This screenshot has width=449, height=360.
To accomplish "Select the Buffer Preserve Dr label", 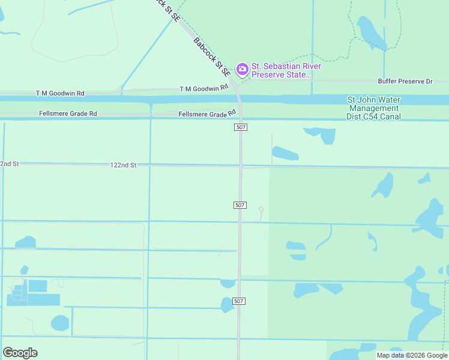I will (x=405, y=81).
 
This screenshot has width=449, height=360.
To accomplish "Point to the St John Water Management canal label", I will (x=373, y=108).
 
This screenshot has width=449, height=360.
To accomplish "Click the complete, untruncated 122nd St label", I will (x=124, y=164).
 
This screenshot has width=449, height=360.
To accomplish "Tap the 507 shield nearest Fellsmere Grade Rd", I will (x=240, y=127).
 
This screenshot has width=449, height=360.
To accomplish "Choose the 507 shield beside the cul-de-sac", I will (x=240, y=205).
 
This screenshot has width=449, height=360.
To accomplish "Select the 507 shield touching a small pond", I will (x=238, y=301).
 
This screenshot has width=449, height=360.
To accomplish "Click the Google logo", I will (x=20, y=353).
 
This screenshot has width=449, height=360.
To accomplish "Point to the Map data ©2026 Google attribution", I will (x=412, y=355).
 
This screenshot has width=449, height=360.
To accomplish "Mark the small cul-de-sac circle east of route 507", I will (x=261, y=209).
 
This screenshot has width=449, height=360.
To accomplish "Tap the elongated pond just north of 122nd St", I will (x=285, y=154).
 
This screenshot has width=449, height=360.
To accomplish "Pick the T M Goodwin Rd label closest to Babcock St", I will (x=204, y=88).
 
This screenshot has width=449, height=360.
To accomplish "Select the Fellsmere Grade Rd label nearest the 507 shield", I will (x=207, y=114).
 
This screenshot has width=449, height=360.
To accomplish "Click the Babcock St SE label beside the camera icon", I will (x=212, y=58).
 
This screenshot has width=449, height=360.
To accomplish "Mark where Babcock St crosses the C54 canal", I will (x=239, y=100).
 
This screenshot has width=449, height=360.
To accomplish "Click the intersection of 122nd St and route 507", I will (x=240, y=166).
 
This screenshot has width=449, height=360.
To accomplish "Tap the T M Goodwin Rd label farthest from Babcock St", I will (x=60, y=93).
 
